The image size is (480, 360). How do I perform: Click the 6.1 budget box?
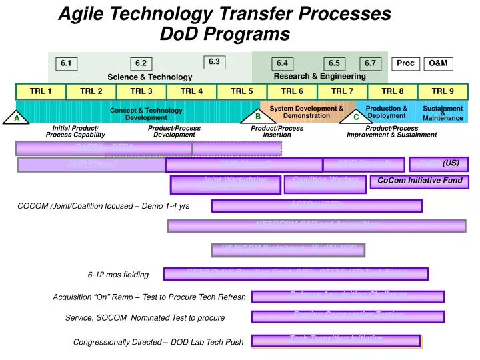point(66,63)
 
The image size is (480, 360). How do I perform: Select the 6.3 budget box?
point(214,62)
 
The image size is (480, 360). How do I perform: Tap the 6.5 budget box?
point(334,63)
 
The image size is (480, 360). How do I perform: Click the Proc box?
point(405,63)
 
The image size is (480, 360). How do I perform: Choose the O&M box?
point(438,63)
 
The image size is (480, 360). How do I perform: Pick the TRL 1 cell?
point(41,92)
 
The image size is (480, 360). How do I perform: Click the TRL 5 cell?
point(242,92)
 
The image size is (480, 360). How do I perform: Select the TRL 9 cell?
point(443,92)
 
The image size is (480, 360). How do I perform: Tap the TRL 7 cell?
point(342,92)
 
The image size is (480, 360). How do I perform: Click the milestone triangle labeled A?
point(17,118)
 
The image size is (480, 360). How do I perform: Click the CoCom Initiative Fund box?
point(419,181)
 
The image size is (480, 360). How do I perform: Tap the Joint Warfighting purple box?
point(225,185)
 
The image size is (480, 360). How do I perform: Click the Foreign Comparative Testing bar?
point(347,317)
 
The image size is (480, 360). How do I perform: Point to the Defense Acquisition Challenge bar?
point(347,297)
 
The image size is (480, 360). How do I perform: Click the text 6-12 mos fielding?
point(119,275)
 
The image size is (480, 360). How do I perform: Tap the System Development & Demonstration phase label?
point(306,112)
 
